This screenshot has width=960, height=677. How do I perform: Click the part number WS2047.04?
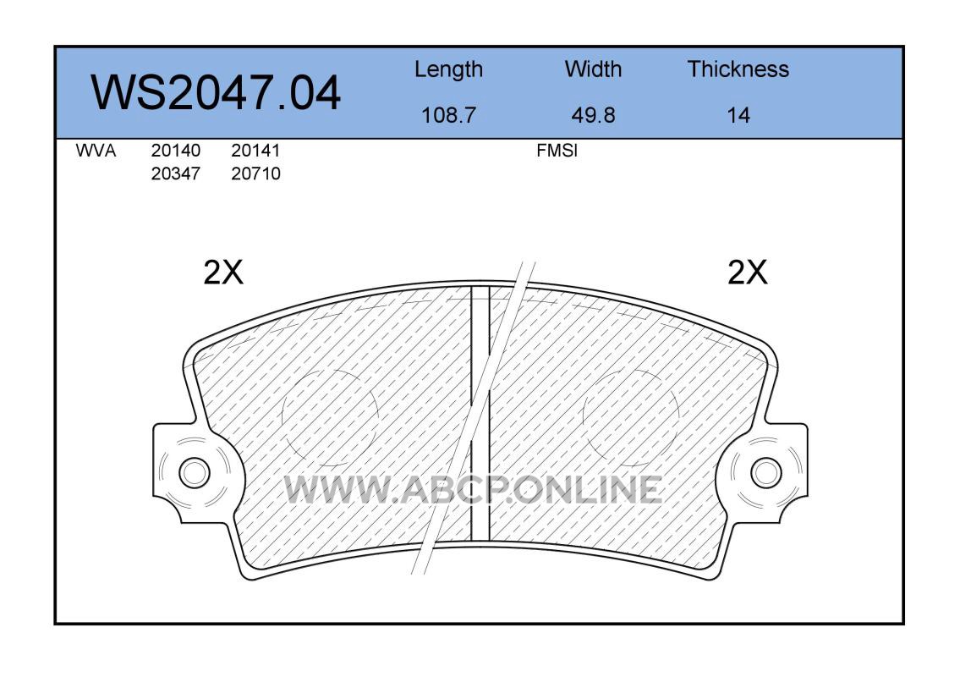click(216, 92)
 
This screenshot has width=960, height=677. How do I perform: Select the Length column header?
click(449, 70)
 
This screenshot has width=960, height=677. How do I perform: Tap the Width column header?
click(593, 69)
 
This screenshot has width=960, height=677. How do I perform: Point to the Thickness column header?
click(738, 69)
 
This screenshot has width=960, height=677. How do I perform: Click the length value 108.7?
click(449, 115)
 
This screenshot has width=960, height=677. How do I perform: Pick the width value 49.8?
click(593, 115)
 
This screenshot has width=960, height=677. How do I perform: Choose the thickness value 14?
click(738, 115)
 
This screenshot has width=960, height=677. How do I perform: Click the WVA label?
click(96, 151)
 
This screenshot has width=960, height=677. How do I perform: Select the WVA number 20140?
click(176, 151)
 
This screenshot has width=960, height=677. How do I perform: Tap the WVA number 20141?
click(255, 151)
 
